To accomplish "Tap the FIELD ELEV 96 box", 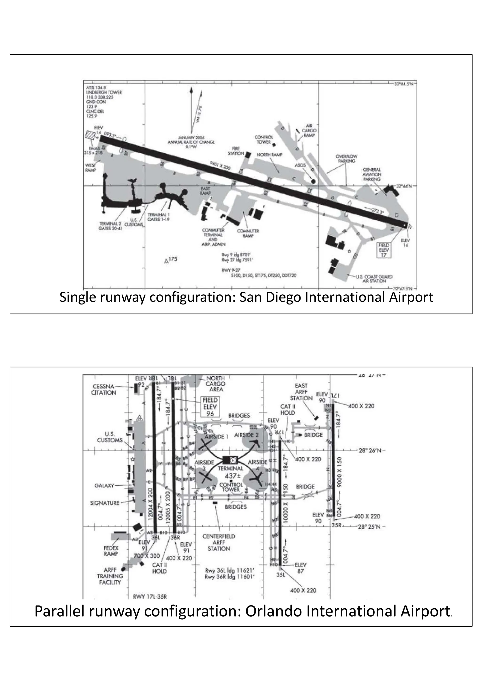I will pyautogui.click(x=210, y=407).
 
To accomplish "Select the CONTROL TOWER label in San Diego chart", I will pyautogui.click(x=264, y=139).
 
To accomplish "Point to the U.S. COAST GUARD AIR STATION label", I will pyautogui.click(x=374, y=278).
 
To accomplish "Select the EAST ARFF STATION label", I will pyautogui.click(x=301, y=392).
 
